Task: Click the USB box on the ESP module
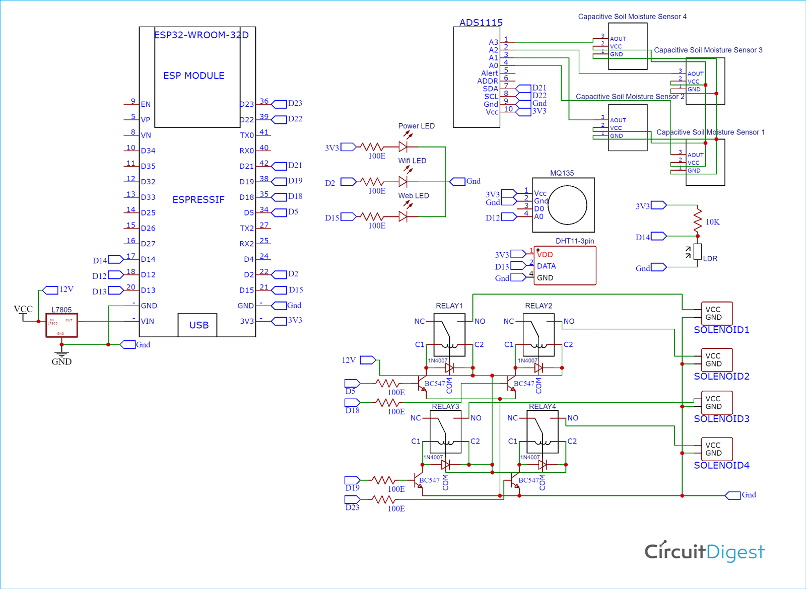click(197, 325)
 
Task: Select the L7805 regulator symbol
click(61, 325)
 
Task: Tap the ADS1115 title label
click(481, 23)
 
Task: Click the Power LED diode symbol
click(403, 147)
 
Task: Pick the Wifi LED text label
click(412, 161)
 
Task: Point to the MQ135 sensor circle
click(567, 205)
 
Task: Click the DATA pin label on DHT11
click(546, 266)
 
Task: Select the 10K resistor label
click(712, 222)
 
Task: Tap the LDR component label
click(710, 259)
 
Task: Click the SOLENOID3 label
click(721, 419)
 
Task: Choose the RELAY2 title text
click(538, 306)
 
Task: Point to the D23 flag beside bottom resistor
click(352, 499)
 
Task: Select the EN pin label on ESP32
click(146, 104)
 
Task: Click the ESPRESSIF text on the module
click(198, 200)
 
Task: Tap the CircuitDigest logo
click(704, 552)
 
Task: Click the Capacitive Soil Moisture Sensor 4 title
click(632, 17)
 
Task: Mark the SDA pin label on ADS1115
click(490, 89)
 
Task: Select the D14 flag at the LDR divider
click(658, 237)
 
